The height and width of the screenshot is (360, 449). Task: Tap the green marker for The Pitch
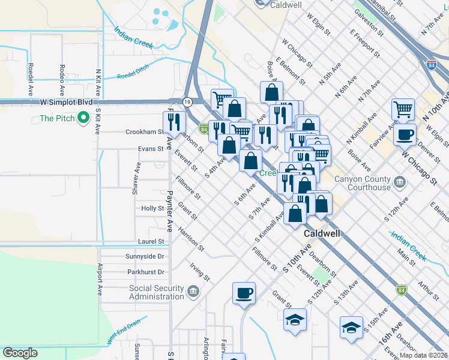click(83, 118)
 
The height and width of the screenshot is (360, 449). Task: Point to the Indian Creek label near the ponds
click(133, 38)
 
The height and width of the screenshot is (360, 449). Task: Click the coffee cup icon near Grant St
click(244, 293)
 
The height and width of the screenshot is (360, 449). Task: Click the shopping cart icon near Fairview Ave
click(403, 109)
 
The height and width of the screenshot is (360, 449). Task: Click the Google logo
click(20, 353)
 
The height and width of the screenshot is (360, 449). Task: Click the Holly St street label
click(152, 208)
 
